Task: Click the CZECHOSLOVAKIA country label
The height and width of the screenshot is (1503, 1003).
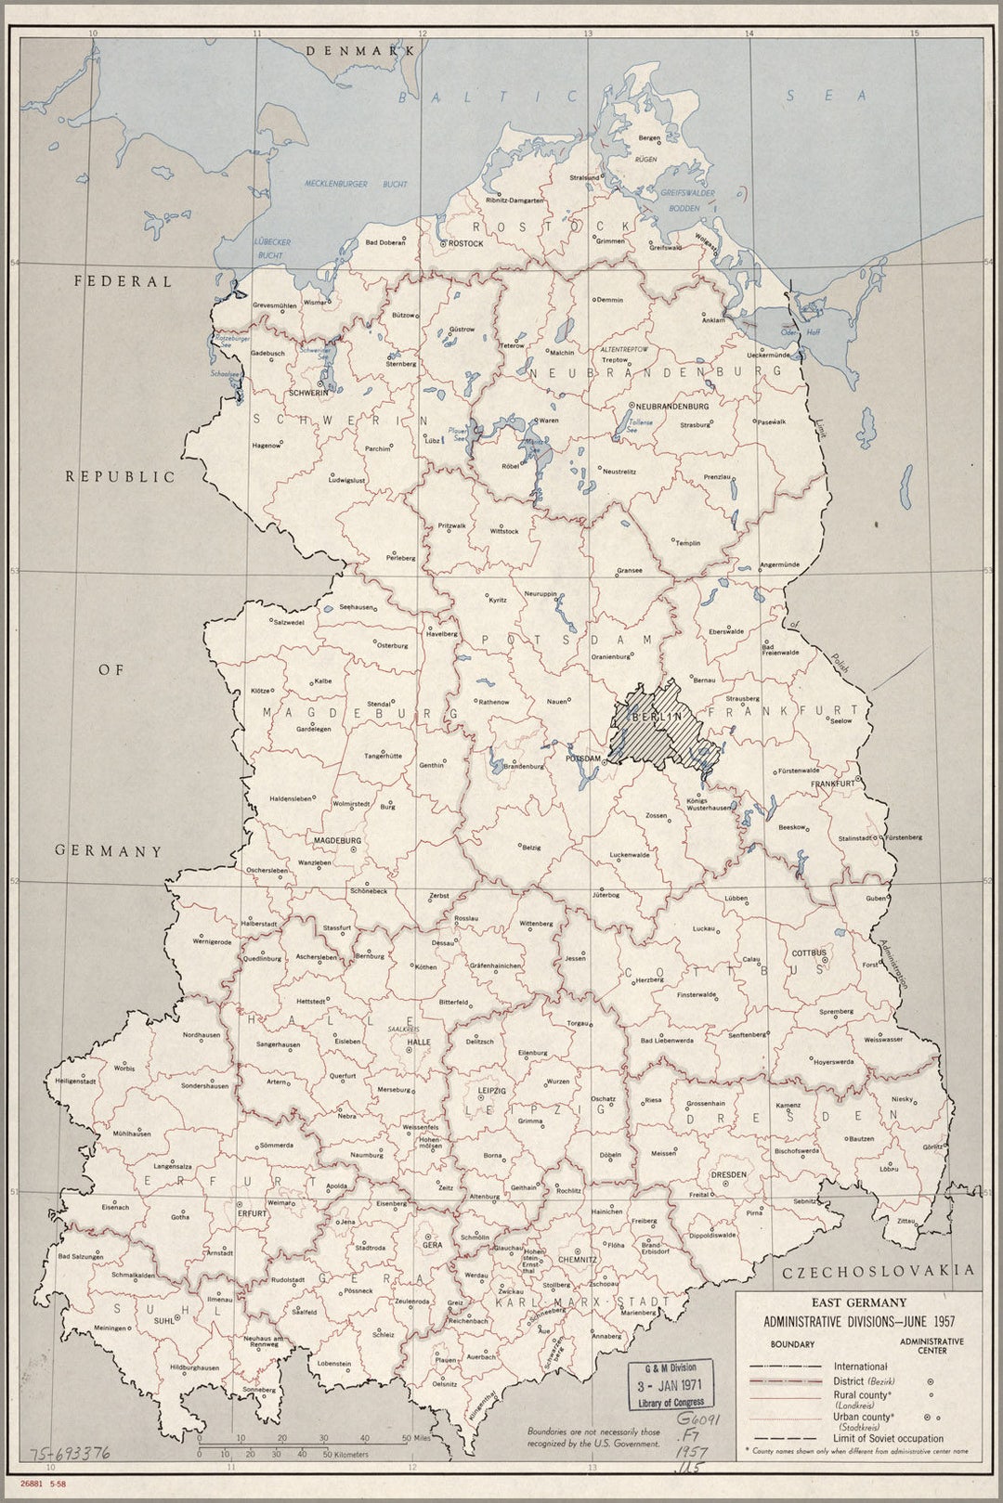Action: (879, 1271)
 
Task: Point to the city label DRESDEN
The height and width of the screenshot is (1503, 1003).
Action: (728, 1174)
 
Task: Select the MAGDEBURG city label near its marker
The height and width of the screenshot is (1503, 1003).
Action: (337, 840)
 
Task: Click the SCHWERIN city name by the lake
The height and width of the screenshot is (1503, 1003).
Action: (308, 393)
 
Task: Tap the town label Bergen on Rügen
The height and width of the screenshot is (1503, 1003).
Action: (649, 138)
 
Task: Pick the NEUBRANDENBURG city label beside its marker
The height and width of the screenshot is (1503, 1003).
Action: (672, 407)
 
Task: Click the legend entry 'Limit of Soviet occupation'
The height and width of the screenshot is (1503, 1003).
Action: (888, 1438)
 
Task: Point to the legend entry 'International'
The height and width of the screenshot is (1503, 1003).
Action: (860, 1367)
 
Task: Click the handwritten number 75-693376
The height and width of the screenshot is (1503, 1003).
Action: (71, 1453)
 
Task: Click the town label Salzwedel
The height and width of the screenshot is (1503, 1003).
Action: (288, 622)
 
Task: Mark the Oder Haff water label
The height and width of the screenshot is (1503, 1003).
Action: (800, 331)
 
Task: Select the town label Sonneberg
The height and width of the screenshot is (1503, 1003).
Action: (259, 1390)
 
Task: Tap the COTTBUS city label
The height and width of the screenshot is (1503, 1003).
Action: (808, 953)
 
